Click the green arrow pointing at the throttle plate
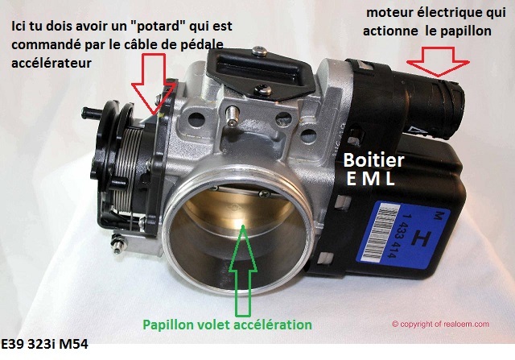[x=243, y=270]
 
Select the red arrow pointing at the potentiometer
[x=154, y=86]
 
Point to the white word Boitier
[x=373, y=160]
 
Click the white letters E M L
[x=371, y=179]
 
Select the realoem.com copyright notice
[x=440, y=325]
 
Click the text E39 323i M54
[x=44, y=344]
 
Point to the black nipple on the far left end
[x=89, y=113]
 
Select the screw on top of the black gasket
[x=259, y=51]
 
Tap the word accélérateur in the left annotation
[x=51, y=63]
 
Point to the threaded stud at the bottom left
[x=118, y=242]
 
